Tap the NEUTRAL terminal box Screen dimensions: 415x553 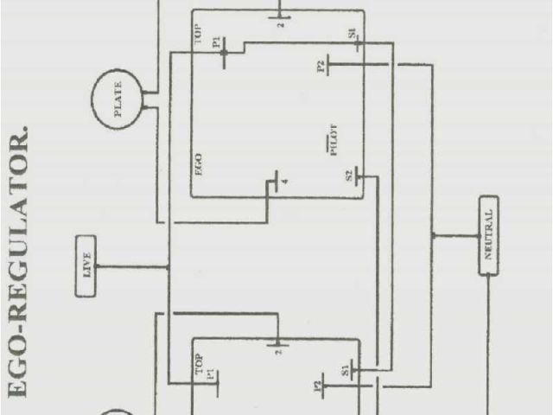point(488,235)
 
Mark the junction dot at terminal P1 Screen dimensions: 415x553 point(224,53)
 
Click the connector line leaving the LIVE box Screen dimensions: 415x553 point(130,266)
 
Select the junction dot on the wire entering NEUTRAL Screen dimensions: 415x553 point(433,235)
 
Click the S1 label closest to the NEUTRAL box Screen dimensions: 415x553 point(345,372)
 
